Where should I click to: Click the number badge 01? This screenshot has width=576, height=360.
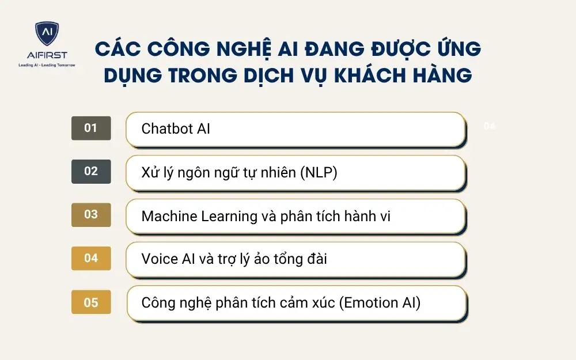pos(91,128)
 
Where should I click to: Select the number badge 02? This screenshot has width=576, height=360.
pos(91,172)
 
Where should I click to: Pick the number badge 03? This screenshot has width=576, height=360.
pos(91,215)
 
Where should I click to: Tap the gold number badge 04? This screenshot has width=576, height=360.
pos(91,259)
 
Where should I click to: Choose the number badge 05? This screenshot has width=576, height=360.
pos(91,302)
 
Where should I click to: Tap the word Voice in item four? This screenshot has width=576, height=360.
pos(160,259)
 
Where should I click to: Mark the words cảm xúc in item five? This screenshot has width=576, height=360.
pos(309,303)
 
